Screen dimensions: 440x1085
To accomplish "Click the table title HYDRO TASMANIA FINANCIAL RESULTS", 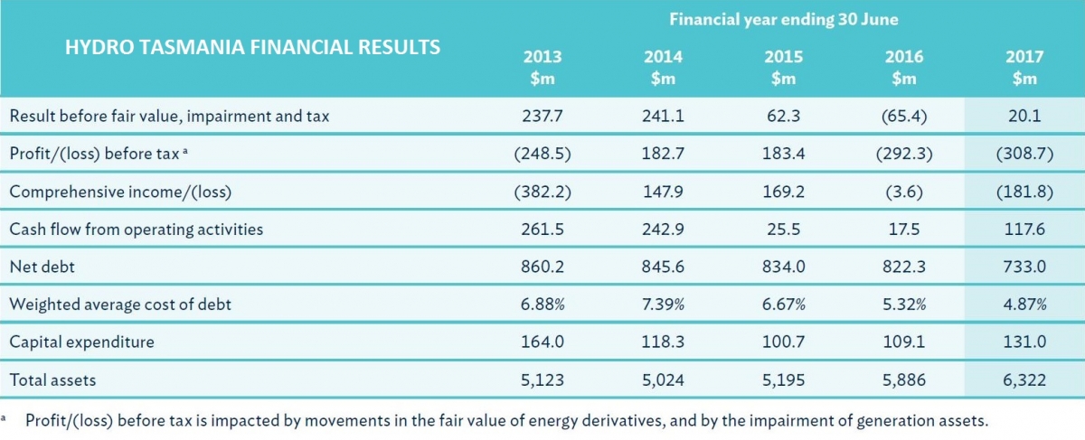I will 253,47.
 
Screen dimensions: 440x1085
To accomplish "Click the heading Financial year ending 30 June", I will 782,18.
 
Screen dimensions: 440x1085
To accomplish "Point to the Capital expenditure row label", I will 81,342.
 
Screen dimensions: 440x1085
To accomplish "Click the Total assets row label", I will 52,380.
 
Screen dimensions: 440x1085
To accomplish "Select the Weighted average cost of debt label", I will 120,304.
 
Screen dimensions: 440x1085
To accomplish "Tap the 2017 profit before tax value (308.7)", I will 1024,154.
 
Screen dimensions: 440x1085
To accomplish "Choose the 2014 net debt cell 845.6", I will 663,267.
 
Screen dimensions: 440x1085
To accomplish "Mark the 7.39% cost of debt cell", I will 663,304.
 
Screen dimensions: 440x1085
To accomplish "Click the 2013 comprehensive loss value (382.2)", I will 542,192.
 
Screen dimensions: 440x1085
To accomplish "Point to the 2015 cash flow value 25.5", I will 783,229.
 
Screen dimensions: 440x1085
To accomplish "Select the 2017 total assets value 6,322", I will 1024,380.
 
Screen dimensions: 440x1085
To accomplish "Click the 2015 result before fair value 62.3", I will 783,116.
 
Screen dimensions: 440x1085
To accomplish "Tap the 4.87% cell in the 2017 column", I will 1024,304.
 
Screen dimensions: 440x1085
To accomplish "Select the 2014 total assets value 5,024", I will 663,380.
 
